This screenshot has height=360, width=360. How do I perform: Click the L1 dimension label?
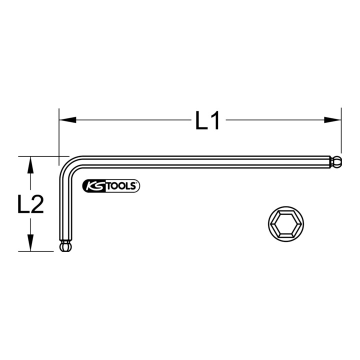click(207, 120)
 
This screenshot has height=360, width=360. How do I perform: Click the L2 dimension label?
click(30, 204)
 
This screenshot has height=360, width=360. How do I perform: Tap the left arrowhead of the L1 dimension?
click(67, 120)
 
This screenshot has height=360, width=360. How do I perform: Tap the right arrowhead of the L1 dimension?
click(332, 120)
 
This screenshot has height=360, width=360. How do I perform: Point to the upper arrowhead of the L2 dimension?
click(30, 165)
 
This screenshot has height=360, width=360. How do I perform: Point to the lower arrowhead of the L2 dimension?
click(30, 242)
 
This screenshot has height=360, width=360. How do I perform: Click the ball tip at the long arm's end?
click(336, 162)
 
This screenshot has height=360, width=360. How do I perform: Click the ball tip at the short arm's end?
click(65, 246)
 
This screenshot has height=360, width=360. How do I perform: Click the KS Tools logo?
click(111, 185)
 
